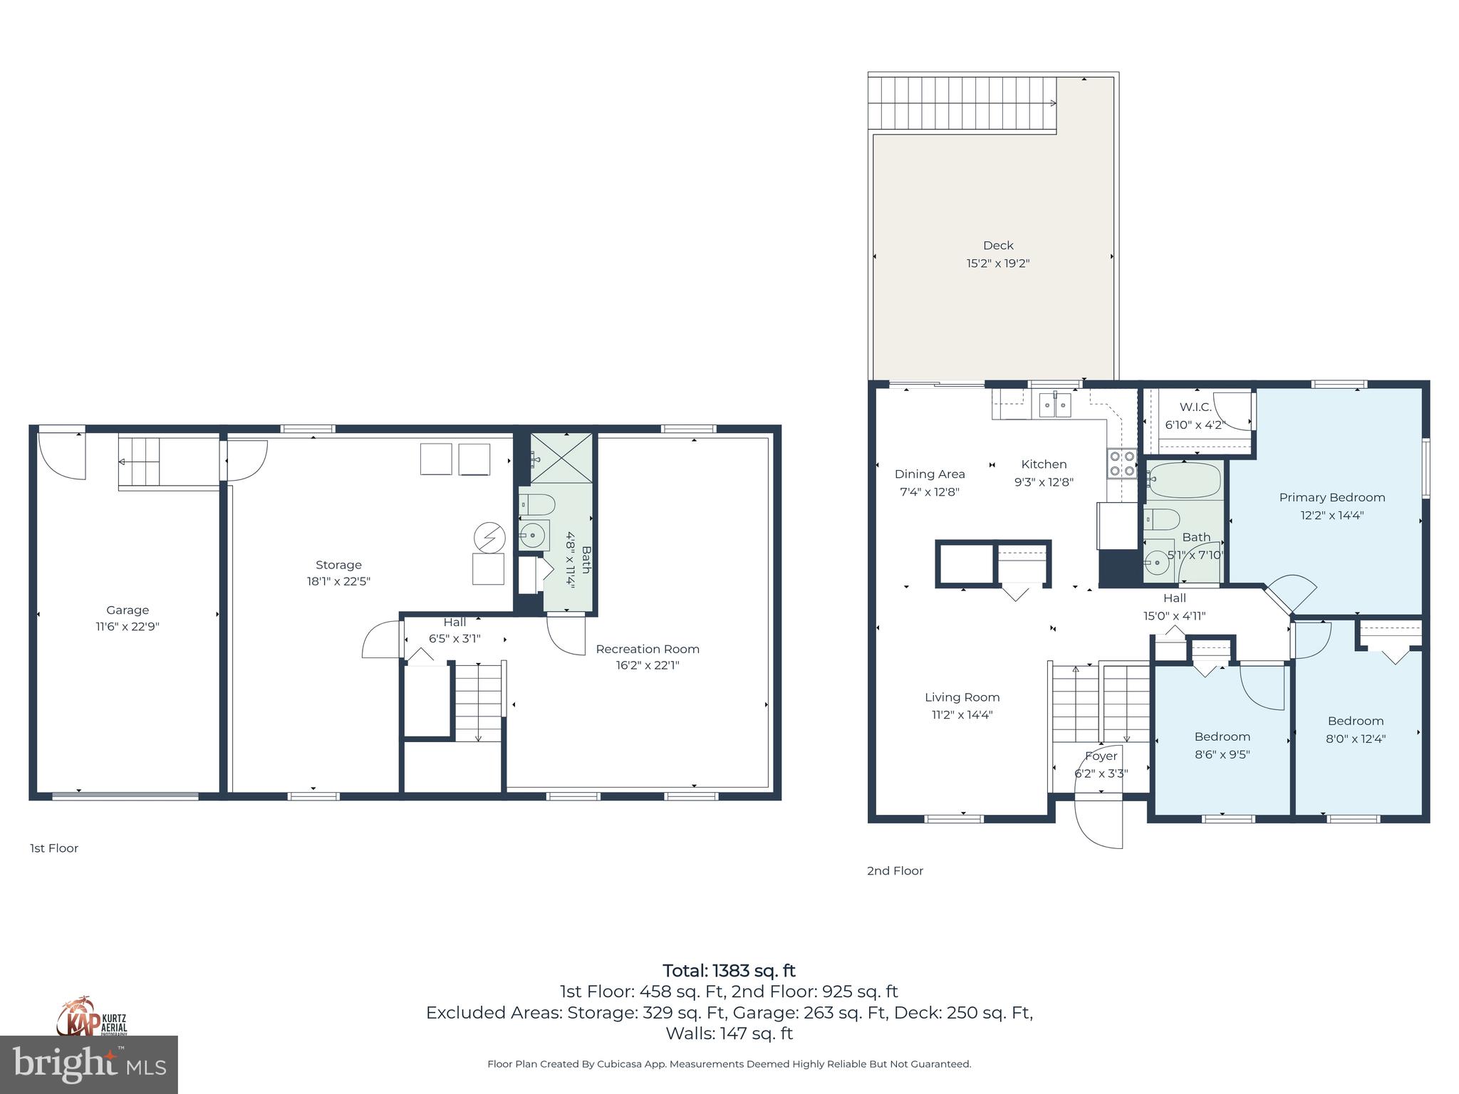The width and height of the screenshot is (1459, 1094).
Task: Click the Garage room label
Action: point(128,610)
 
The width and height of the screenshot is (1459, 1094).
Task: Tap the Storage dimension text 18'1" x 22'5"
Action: point(338,581)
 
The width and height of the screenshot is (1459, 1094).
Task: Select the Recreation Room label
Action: point(647,649)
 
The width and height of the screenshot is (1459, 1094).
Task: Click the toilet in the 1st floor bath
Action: point(536,505)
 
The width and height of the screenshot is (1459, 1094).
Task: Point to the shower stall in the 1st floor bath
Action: point(561,458)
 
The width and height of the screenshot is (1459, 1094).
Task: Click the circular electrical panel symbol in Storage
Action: point(489,538)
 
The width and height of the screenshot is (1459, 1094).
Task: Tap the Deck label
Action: point(997,245)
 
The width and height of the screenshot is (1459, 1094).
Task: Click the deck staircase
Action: point(962,103)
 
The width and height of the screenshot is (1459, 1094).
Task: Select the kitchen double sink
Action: point(1054,405)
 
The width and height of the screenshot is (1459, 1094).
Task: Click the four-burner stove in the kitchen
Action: point(1121,463)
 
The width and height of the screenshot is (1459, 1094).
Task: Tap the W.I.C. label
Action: point(1195,407)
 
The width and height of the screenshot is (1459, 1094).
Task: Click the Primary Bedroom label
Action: point(1331,497)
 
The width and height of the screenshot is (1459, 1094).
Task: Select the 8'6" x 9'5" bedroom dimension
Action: point(1222,754)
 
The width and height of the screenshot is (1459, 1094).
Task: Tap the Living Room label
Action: point(962,697)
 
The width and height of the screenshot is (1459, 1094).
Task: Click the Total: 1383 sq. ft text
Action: point(729,971)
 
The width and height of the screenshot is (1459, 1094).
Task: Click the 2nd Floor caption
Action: point(895,870)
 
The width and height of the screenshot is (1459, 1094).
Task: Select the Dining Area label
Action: point(930,474)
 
